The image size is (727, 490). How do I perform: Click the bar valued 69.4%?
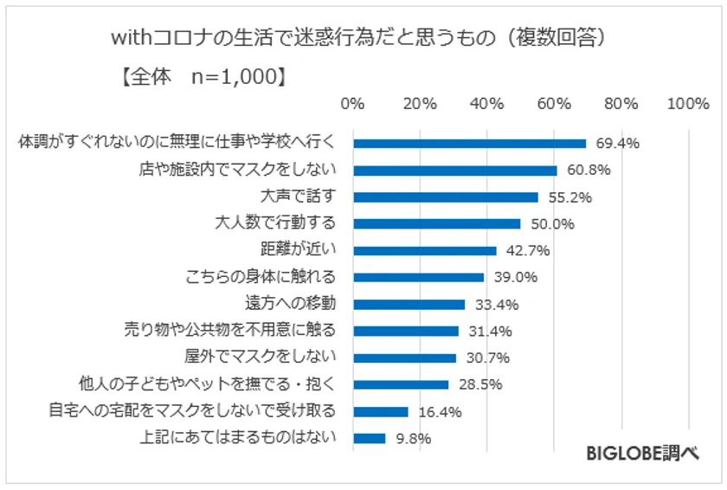point(469,144)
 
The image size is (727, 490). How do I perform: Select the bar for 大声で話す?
point(446,197)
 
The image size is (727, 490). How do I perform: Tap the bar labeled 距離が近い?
point(425,251)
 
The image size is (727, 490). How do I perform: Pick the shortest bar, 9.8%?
point(370,438)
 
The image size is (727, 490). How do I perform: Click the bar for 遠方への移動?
point(409,305)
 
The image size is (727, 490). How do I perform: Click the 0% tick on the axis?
point(353,104)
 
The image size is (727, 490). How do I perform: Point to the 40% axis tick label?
point(487,104)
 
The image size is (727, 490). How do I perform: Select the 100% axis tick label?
point(689,104)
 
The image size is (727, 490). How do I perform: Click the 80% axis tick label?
point(621,104)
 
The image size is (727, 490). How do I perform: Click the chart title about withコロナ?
point(363,39)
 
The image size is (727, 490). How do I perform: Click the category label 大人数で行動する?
point(274,223)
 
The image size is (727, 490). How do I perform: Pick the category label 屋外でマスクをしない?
point(260,357)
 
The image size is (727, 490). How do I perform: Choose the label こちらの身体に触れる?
point(260,277)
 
